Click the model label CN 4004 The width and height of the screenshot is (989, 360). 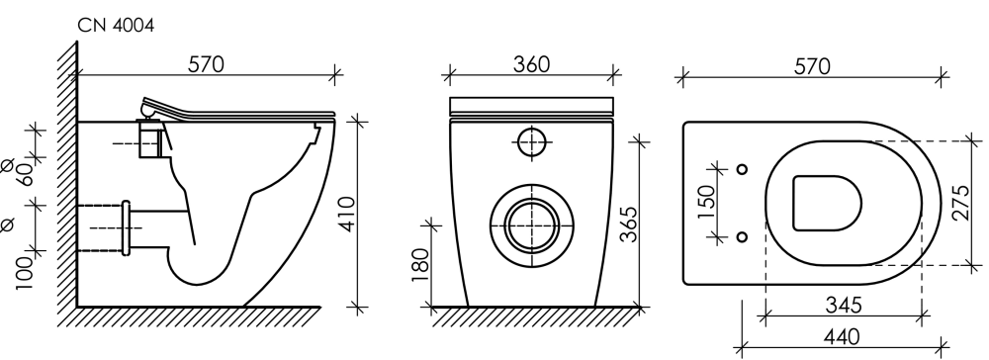116,25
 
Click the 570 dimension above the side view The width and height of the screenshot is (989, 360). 207,64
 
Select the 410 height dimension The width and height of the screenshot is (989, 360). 348,214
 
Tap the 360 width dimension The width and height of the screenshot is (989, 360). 531,64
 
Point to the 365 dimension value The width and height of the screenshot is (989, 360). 628,224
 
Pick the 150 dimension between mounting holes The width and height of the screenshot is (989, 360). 707,202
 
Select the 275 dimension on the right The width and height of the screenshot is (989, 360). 960,203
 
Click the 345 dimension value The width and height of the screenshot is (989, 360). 844,306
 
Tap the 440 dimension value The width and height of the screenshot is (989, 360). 842,337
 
